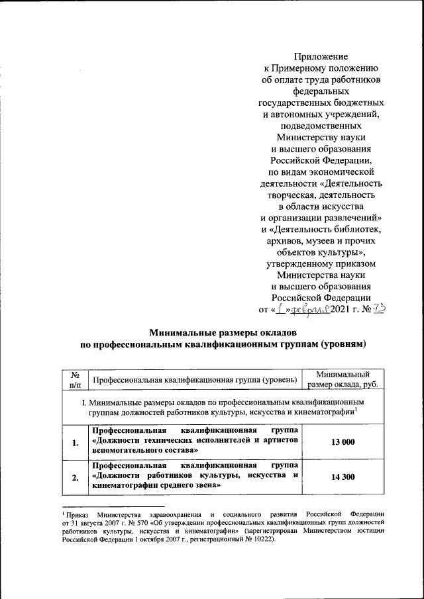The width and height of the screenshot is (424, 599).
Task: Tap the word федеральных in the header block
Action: [321, 93]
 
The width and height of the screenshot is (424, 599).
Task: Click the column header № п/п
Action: [74, 379]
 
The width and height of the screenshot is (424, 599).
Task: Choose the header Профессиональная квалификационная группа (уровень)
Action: [194, 380]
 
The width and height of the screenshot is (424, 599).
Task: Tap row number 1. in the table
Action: [74, 442]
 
